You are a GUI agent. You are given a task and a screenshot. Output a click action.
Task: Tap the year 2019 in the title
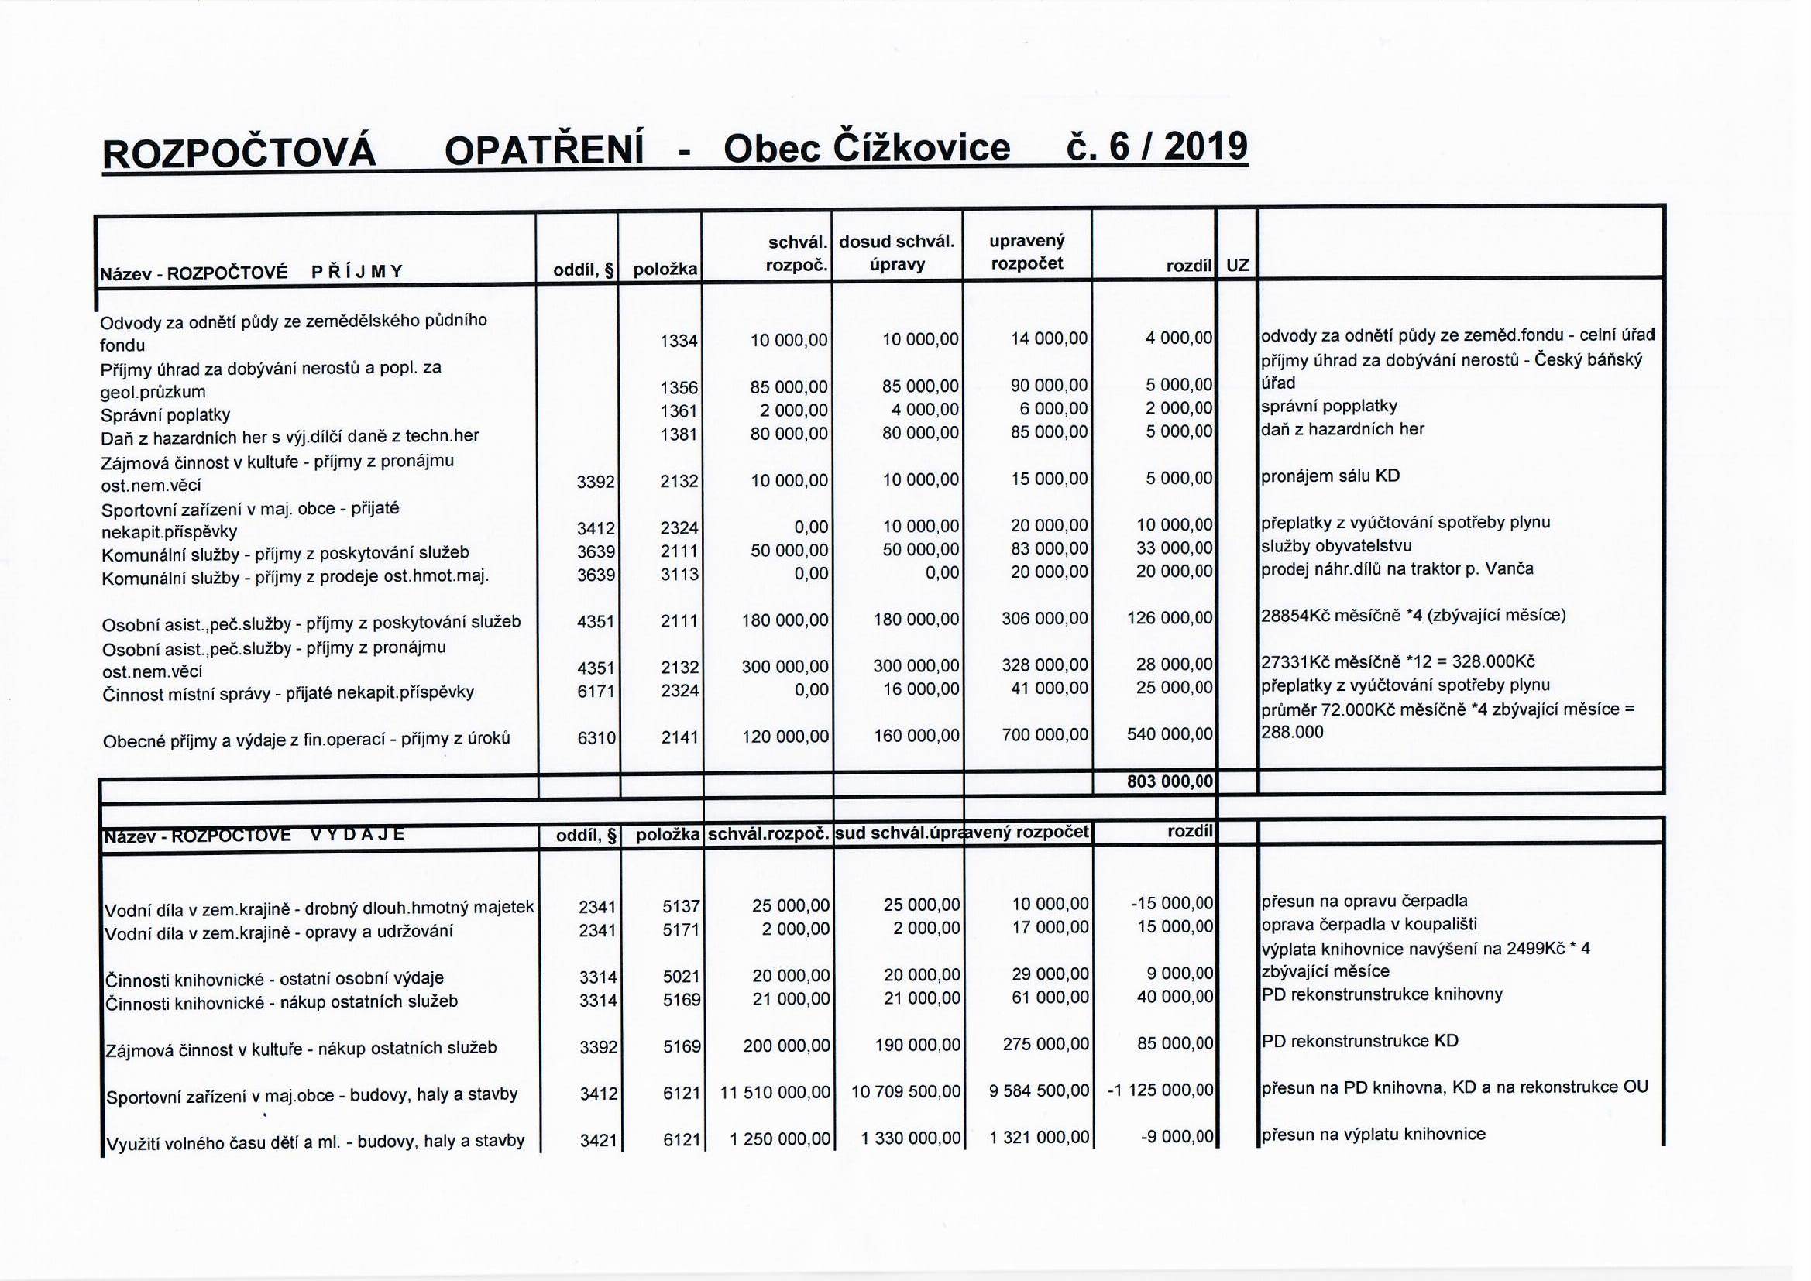pos(1204,146)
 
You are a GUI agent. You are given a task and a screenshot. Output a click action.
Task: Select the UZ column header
pos(1237,266)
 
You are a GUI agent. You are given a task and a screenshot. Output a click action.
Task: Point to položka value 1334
pos(679,341)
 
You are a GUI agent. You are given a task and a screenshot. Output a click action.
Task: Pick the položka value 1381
pos(679,434)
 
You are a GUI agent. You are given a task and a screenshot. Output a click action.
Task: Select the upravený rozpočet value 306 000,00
pos(1044,620)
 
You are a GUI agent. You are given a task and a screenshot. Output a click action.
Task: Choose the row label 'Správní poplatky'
pos(166,415)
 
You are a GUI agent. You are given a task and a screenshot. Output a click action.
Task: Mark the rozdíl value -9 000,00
pos(1177,1137)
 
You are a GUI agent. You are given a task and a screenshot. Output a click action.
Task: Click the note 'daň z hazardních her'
pos(1342,430)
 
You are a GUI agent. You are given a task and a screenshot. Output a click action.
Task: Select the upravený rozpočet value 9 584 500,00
pos(1039,1092)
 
